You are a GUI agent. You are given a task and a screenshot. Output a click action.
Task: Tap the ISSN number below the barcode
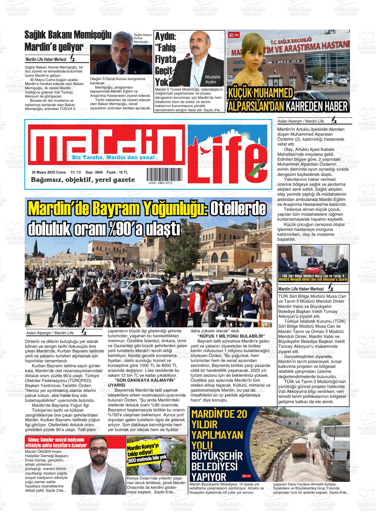(160, 183)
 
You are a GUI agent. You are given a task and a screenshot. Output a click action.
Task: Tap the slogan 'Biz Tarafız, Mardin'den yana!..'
(115, 158)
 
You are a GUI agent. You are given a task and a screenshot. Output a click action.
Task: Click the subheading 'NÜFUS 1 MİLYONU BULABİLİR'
(231, 336)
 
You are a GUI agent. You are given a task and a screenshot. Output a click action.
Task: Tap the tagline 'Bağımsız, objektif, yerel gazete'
(83, 180)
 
